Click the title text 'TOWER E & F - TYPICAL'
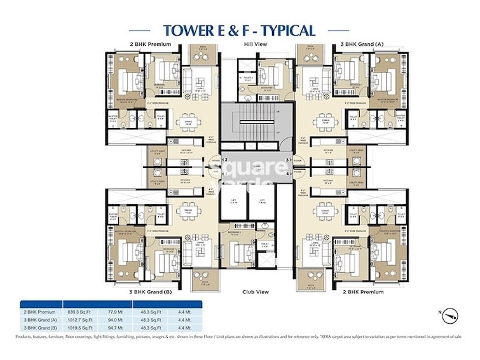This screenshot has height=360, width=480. [x=239, y=30]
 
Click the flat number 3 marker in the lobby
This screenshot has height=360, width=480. [x=287, y=160]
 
